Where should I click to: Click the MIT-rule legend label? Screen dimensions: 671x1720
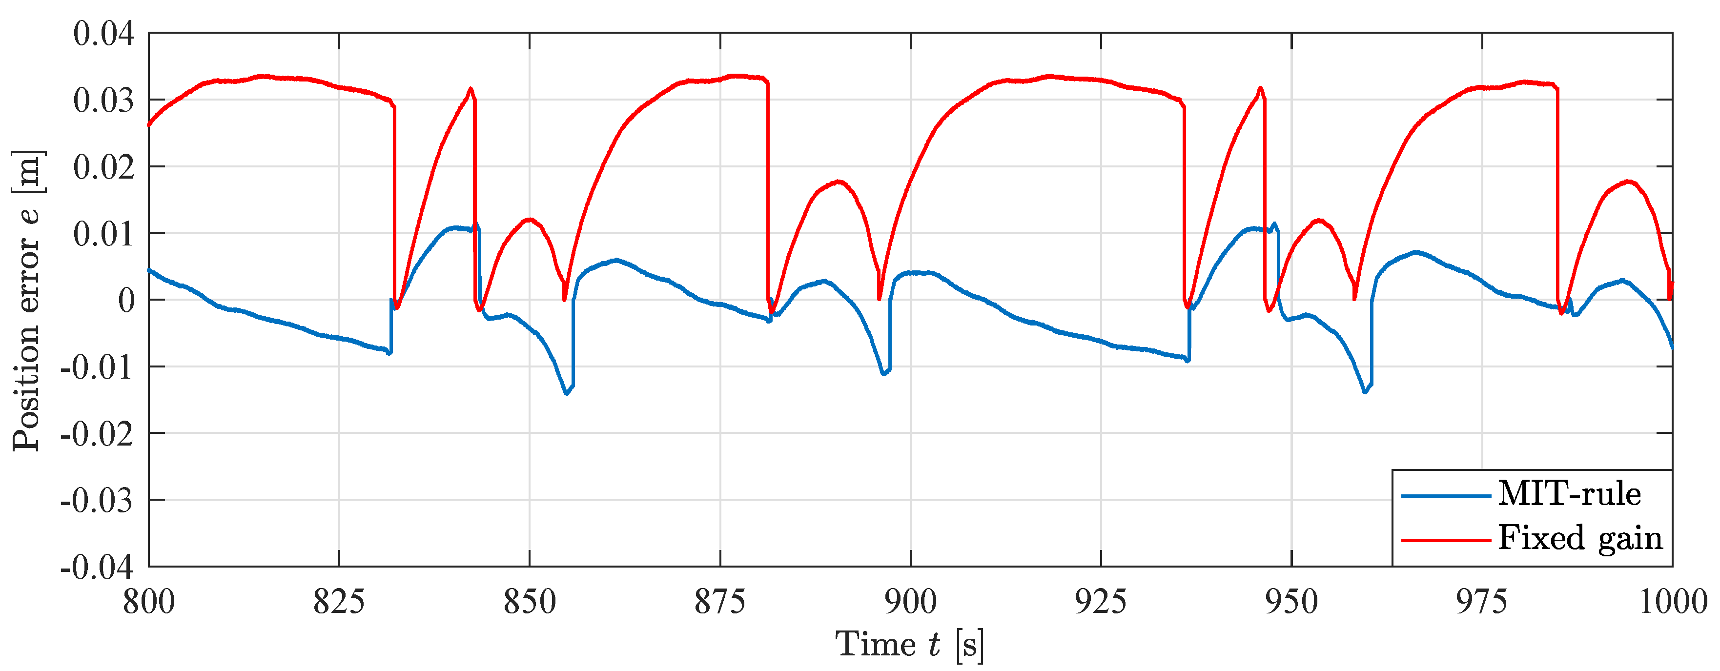1569,494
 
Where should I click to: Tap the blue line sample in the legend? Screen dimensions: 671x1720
1446,495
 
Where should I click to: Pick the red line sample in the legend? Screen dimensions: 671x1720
1446,539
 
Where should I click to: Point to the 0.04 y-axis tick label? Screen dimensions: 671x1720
103,33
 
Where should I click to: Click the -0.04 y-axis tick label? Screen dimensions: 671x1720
97,567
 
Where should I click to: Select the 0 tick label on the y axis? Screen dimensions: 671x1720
126,301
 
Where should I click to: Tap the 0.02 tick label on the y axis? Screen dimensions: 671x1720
103,167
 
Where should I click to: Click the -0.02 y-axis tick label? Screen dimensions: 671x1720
97,434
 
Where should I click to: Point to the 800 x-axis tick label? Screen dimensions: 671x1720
149,602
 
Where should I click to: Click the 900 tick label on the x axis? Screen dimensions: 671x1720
911,602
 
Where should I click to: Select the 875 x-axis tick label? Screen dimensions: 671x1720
720,602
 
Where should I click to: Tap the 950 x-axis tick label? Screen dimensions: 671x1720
1291,602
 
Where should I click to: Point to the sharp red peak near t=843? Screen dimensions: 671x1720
471,89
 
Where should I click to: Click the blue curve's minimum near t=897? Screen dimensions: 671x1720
883,374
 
